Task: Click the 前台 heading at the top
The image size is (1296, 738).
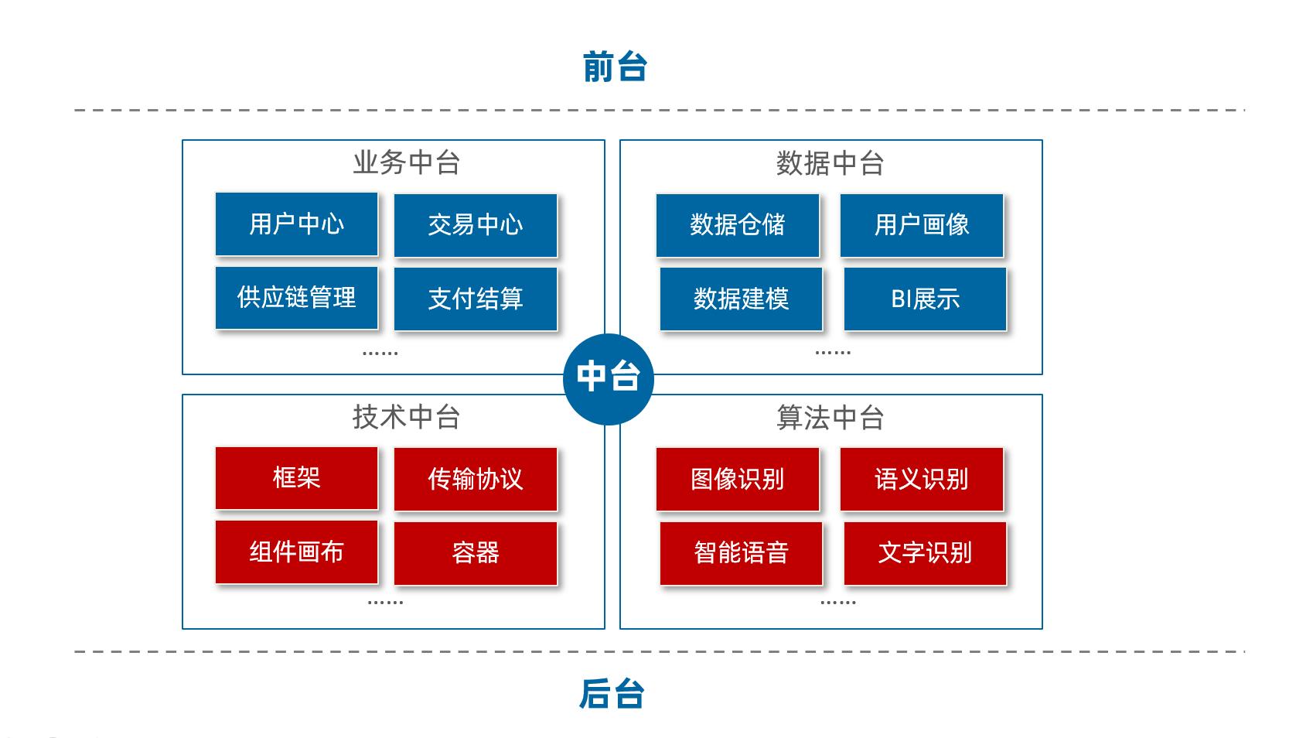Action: coord(615,67)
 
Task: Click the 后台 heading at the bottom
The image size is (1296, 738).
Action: coord(612,694)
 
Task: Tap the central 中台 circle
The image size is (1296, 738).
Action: coord(609,378)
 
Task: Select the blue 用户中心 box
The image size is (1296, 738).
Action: coord(297,224)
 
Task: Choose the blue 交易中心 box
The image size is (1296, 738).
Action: coord(476,225)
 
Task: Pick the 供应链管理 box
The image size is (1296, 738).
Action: coord(297,298)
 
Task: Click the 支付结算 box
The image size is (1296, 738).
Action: coord(476,299)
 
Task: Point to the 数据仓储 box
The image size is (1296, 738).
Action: coord(738,225)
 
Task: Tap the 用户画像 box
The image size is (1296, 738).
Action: coord(922,225)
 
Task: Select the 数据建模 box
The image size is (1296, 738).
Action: coord(742,299)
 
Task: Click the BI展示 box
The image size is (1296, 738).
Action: coord(926,299)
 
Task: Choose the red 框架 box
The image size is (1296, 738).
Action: coord(297,478)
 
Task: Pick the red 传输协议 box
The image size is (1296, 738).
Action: coord(476,480)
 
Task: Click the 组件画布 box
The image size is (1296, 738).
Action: coord(297,552)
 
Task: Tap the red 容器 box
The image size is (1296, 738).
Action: coord(476,553)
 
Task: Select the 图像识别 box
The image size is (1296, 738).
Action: coord(738,480)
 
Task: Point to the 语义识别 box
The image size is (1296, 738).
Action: coord(922,480)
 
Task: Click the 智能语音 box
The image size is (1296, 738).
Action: coord(742,553)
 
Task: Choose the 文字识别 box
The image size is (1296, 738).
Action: coord(926,553)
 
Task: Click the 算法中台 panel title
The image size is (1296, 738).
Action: coord(830,418)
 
